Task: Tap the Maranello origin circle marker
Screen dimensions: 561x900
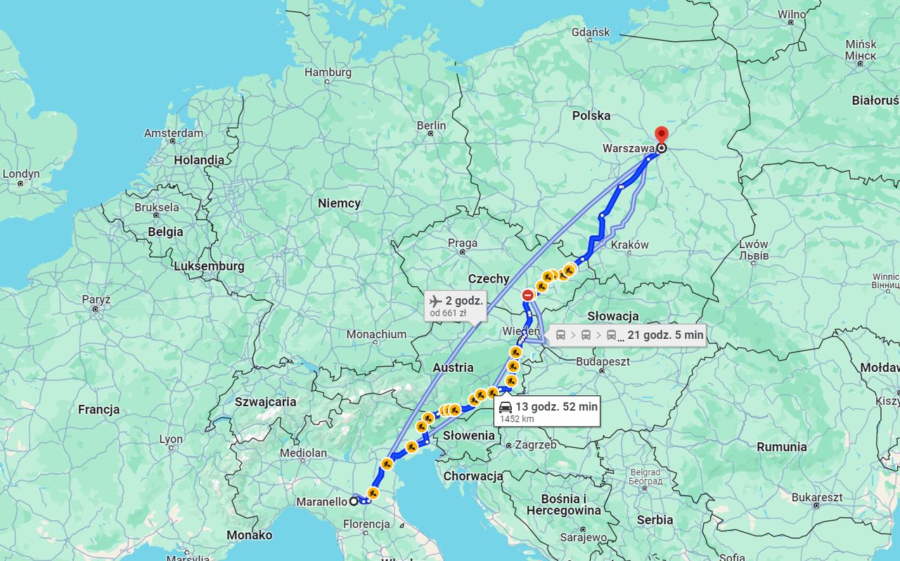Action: [x=354, y=501]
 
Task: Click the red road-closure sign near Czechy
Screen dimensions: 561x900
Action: [x=528, y=295]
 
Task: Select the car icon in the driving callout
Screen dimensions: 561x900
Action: [x=506, y=407]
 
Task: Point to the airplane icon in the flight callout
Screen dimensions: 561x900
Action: [x=435, y=301]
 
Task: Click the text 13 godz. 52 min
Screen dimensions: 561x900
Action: [x=556, y=406]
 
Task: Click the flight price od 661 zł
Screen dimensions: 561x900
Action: [x=448, y=313]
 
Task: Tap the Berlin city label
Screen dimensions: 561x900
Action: [x=431, y=125]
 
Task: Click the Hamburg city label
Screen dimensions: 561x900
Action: [x=328, y=72]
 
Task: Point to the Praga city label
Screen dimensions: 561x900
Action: [x=462, y=243]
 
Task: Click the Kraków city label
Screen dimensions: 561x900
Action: [x=629, y=245]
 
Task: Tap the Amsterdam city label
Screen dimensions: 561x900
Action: [x=174, y=133]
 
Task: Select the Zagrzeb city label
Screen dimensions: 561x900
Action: [x=535, y=445]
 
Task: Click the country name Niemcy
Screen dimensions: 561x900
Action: [x=339, y=203]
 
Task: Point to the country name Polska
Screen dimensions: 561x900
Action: [x=591, y=115]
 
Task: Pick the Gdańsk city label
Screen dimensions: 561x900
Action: [x=591, y=32]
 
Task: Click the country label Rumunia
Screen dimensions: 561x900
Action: [x=781, y=447]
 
